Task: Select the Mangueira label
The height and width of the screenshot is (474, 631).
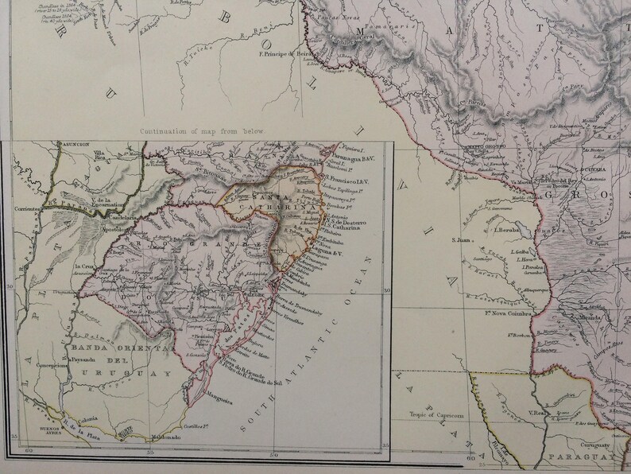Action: [x=219, y=399]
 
